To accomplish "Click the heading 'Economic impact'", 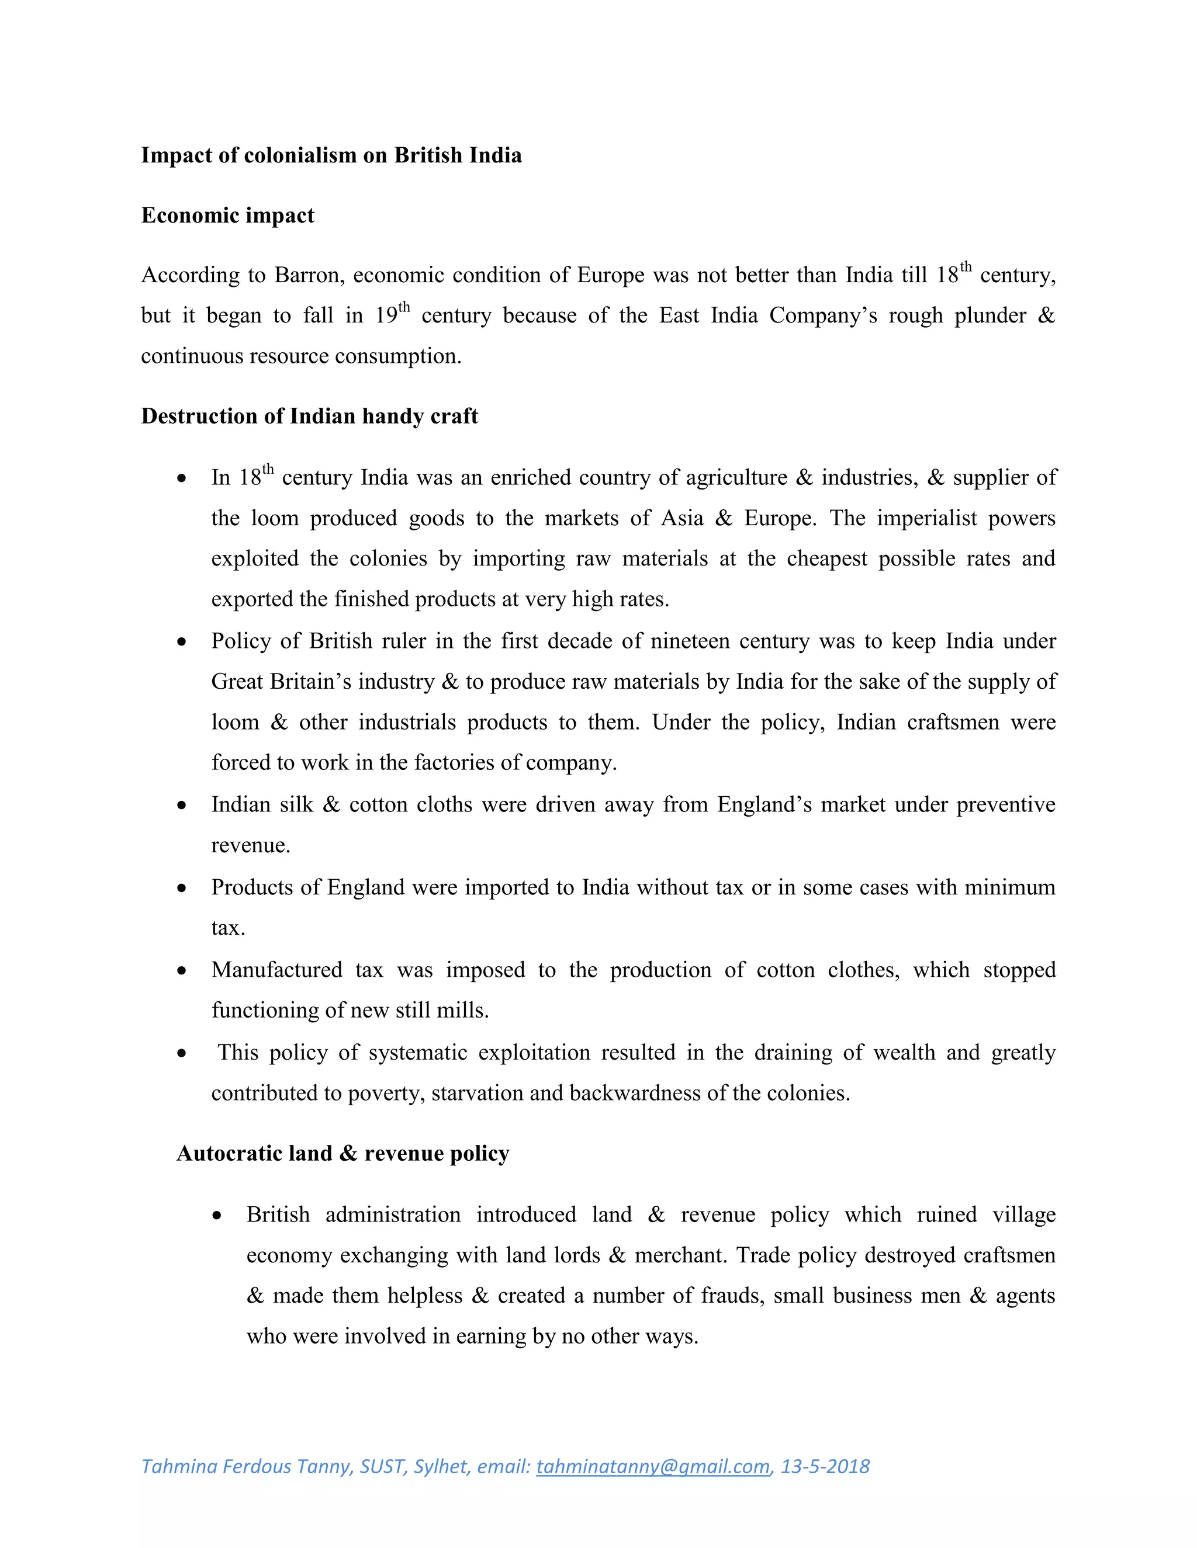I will coord(227,216).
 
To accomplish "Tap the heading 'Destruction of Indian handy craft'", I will coord(309,416).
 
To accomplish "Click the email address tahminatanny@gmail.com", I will coord(652,1466).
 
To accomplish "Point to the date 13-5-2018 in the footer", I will coord(825,1466).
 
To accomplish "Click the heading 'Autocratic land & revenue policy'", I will coord(343,1154).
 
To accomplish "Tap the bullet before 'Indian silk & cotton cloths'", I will coord(182,806).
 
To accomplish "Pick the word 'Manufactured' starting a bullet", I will coord(276,970).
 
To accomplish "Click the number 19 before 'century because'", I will coord(386,316).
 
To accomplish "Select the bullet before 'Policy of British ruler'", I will coord(182,642).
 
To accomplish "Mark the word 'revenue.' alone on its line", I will coord(250,846).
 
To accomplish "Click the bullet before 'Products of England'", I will coord(182,888).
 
